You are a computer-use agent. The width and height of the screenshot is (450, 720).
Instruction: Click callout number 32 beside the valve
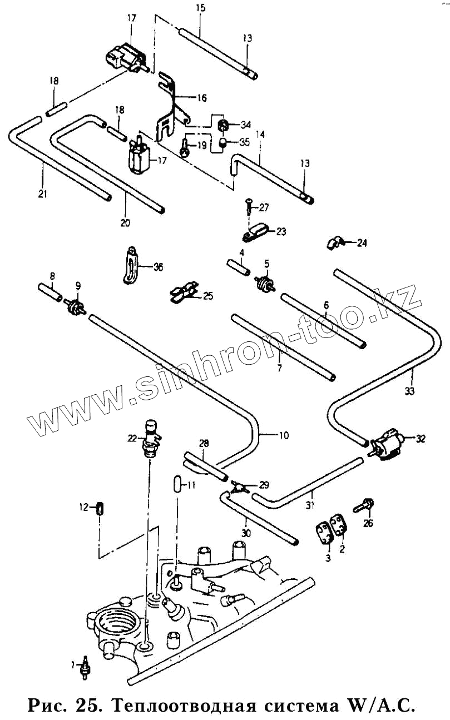[420, 439]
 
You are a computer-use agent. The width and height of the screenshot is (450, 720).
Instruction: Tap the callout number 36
[159, 267]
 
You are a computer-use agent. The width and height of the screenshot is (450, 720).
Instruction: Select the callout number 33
[410, 391]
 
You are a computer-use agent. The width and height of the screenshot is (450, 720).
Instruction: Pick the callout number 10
[284, 435]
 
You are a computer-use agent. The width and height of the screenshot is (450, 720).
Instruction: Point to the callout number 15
[201, 8]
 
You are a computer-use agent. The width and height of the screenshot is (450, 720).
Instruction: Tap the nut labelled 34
[222, 123]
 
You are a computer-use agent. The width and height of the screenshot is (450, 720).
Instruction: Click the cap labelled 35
[223, 143]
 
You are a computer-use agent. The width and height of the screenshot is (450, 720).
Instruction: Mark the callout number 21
[43, 194]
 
